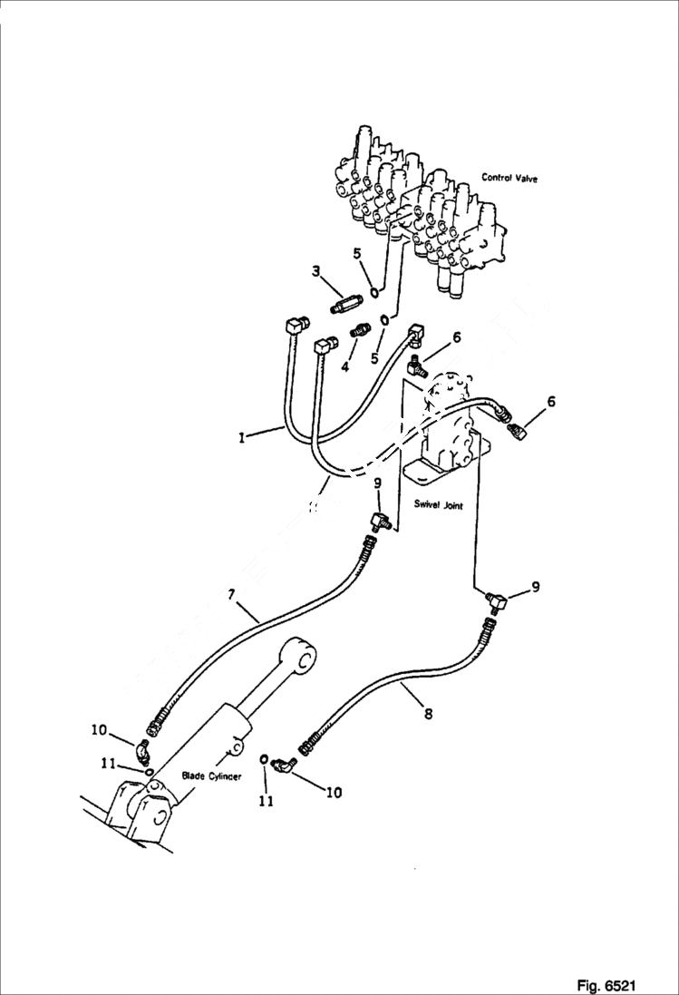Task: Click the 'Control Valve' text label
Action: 509,179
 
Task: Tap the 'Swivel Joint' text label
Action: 440,505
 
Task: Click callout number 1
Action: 241,437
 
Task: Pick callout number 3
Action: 315,270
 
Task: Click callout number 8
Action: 427,714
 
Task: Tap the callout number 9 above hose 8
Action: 536,587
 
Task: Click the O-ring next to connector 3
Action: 373,292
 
